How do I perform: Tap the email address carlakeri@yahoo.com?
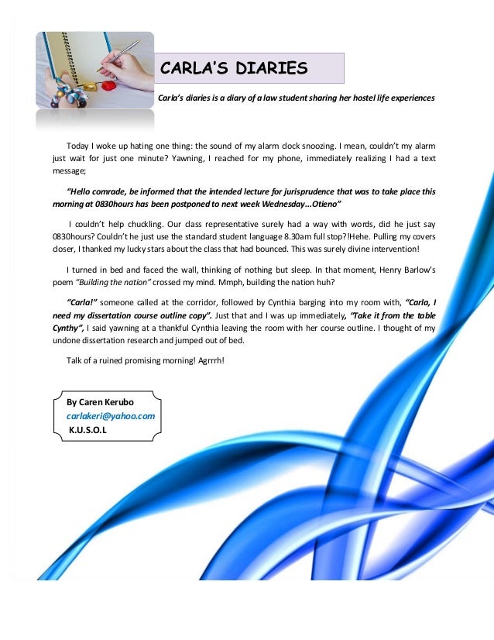pos(111,416)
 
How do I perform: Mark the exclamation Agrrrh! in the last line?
pos(206,360)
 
